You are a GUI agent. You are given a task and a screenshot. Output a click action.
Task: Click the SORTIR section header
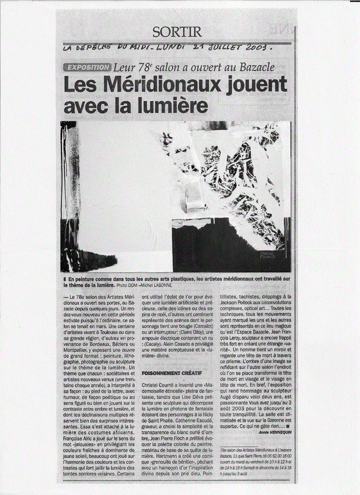point(177,32)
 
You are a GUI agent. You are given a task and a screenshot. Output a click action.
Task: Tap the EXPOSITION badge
point(87,67)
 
